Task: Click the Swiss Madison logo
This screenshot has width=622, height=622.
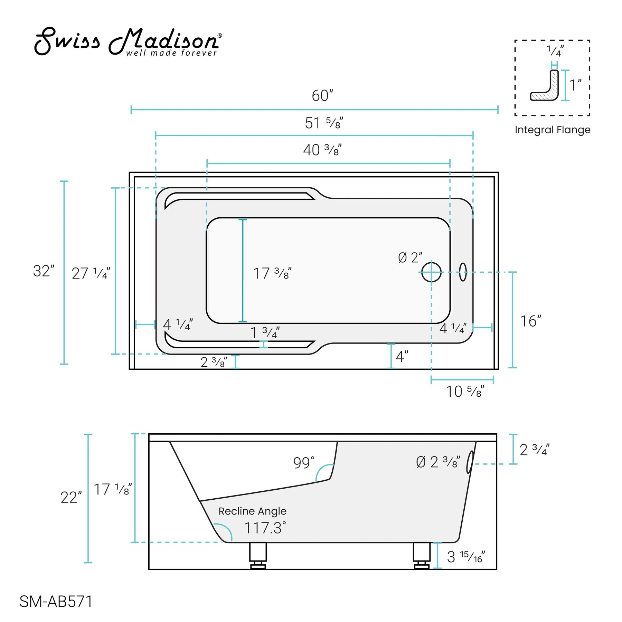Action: [x=128, y=41]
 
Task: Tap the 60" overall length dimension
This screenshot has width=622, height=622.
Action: [x=322, y=96]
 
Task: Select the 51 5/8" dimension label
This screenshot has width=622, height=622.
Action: [x=323, y=123]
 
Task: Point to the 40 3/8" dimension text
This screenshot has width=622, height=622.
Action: [x=322, y=150]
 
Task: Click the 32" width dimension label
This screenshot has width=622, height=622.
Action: [x=44, y=271]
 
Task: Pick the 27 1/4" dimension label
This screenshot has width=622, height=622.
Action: [x=91, y=273]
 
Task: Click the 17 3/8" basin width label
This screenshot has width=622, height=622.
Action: [x=272, y=273]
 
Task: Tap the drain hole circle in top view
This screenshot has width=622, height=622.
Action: [x=431, y=272]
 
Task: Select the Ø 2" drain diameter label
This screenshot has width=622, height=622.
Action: [x=410, y=257]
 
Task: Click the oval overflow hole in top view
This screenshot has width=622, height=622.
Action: [x=463, y=272]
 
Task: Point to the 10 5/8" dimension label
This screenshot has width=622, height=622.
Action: [x=465, y=392]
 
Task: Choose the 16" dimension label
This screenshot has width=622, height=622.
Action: [x=530, y=321]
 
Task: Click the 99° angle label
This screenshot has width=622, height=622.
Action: [x=304, y=463]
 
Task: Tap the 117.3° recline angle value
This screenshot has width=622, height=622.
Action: [x=265, y=528]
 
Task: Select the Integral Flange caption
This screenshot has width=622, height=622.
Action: [x=552, y=130]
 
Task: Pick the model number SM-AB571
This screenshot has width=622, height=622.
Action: [x=56, y=602]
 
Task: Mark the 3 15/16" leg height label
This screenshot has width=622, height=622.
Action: [x=465, y=557]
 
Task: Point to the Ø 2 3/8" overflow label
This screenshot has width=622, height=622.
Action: [x=438, y=462]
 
